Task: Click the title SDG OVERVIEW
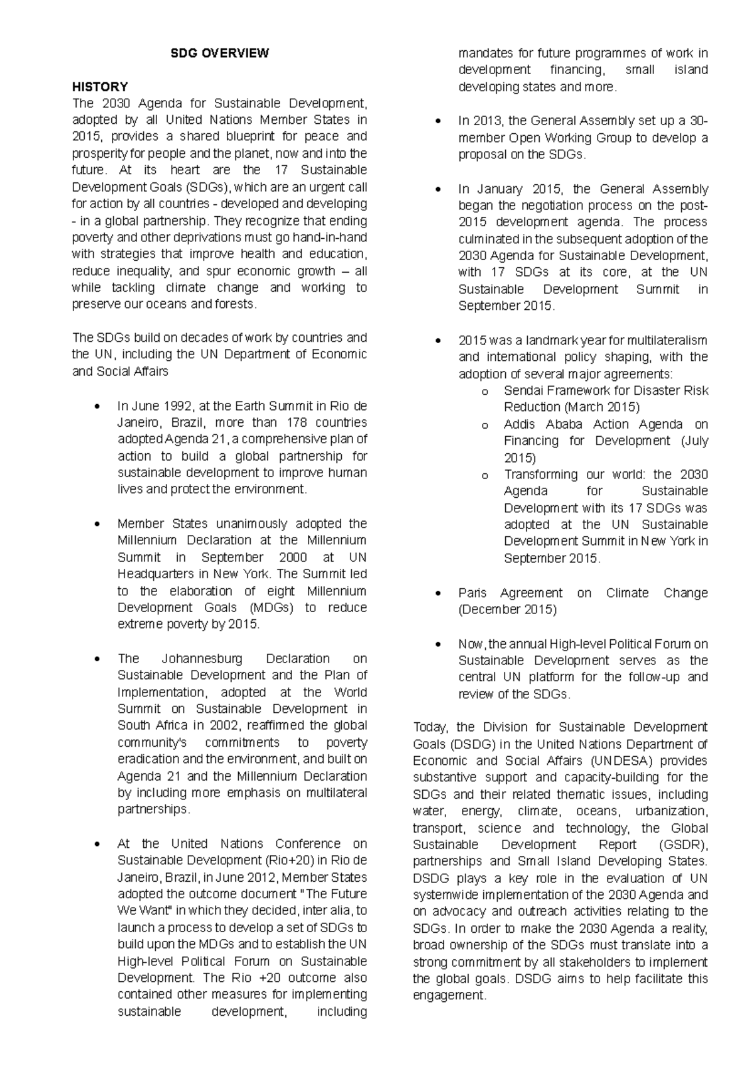[220, 53]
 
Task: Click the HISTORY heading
[100, 87]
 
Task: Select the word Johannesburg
[201, 659]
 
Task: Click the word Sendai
[523, 390]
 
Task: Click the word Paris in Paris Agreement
[473, 593]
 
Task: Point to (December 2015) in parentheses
[507, 610]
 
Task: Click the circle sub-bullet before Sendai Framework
[484, 392]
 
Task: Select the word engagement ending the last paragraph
[449, 996]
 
